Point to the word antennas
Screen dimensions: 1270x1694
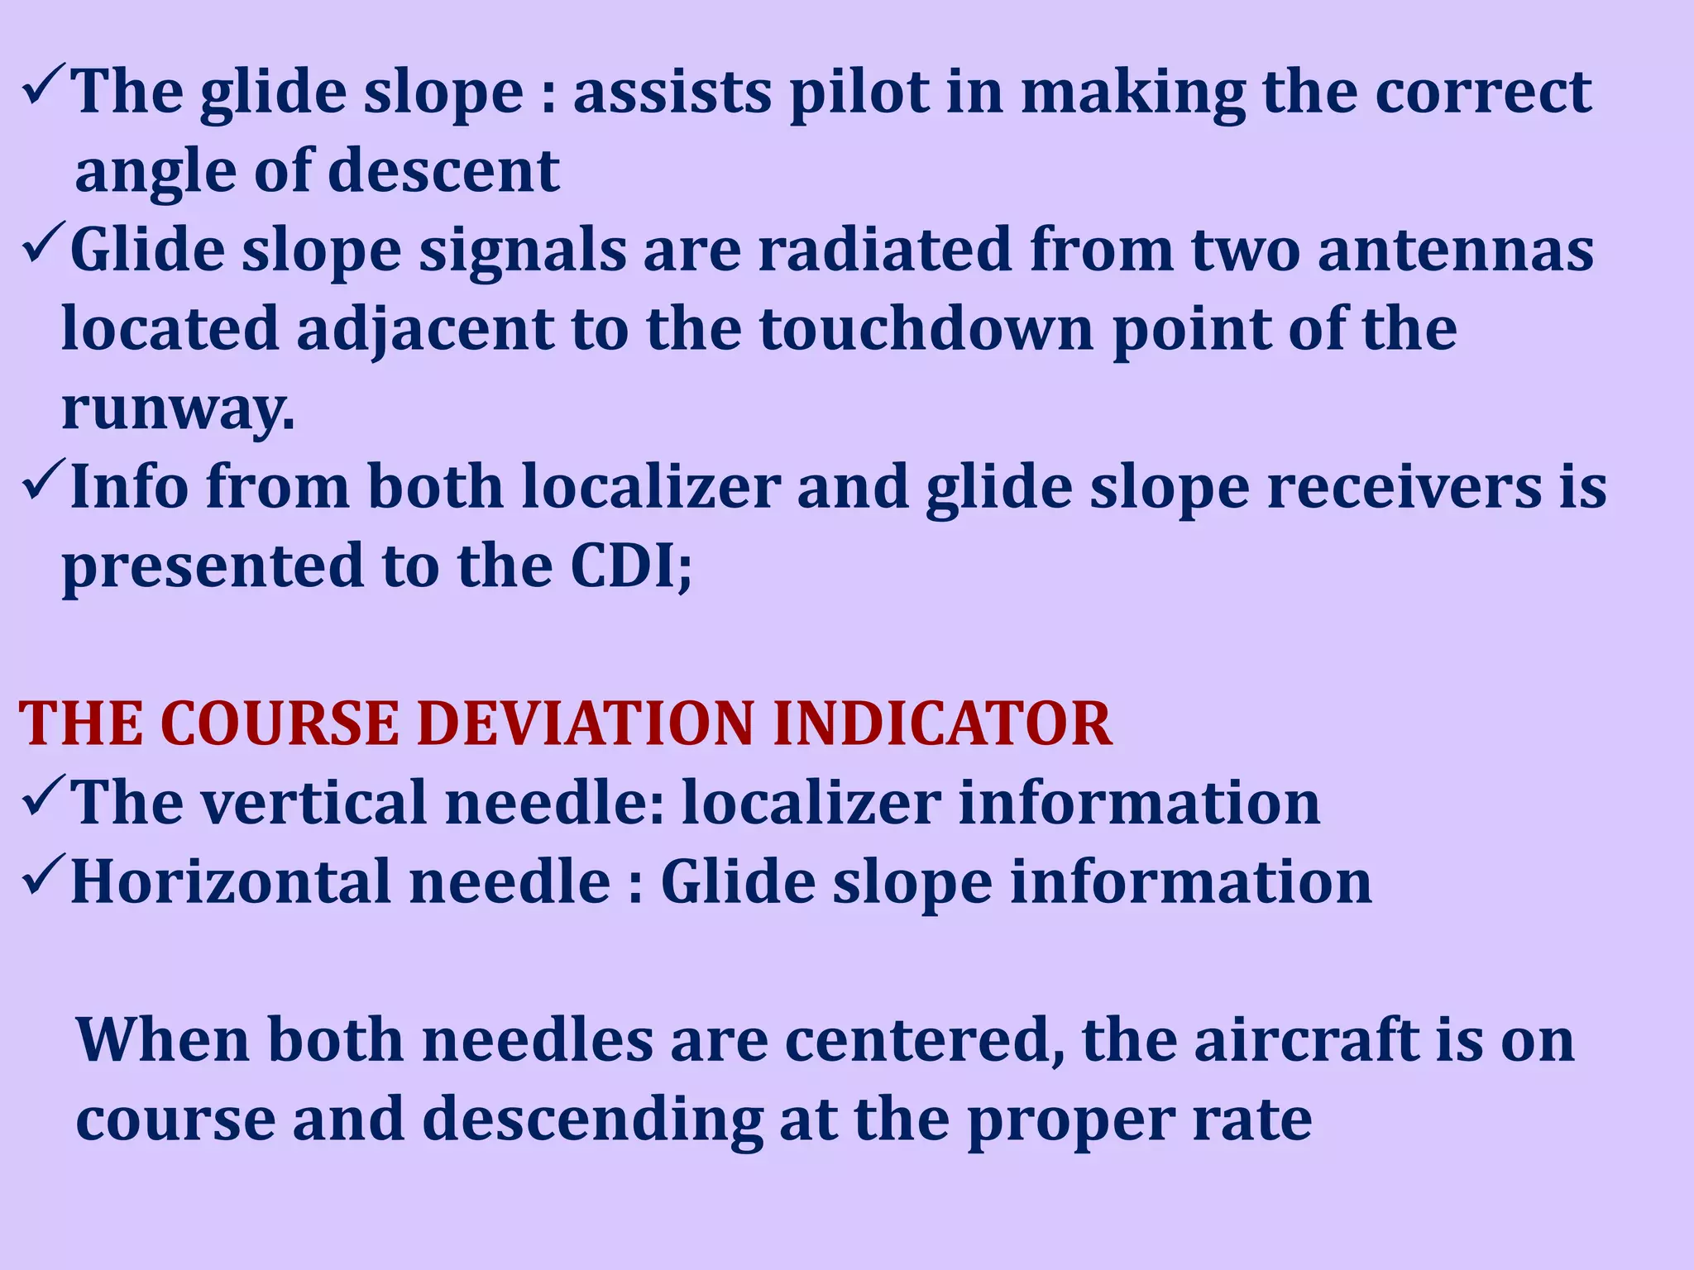coord(1455,251)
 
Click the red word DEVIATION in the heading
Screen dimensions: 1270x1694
coord(585,724)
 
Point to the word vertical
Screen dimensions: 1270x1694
coord(314,803)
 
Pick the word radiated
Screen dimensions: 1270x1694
coord(884,251)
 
